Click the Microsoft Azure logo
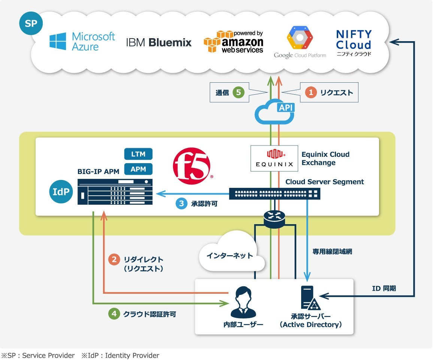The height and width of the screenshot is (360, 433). click(x=82, y=41)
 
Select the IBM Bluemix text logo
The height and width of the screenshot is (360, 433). click(x=159, y=42)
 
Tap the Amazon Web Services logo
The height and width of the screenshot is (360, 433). click(x=234, y=42)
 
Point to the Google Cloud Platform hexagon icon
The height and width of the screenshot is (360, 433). click(x=300, y=38)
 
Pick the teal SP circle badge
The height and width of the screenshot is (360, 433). click(x=31, y=23)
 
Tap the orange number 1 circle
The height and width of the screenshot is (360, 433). click(x=311, y=92)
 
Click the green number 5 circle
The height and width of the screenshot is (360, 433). click(x=238, y=92)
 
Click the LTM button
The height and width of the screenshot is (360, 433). click(x=138, y=154)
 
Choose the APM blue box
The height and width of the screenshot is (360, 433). click(x=138, y=169)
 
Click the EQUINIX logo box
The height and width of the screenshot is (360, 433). click(x=275, y=158)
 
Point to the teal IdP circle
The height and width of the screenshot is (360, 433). click(x=61, y=192)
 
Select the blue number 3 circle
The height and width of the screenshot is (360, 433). click(x=181, y=204)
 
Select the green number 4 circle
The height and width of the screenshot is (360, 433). click(x=114, y=314)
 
